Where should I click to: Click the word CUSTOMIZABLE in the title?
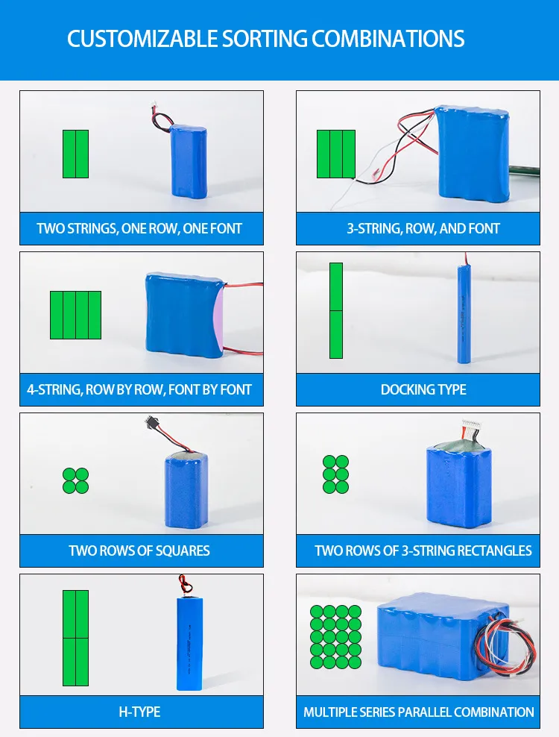pos(142,39)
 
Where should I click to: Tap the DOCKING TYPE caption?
pos(423,389)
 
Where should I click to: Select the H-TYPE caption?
pos(139,712)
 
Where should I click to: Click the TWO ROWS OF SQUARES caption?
pos(139,551)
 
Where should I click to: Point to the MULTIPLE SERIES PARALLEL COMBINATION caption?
pos(418,712)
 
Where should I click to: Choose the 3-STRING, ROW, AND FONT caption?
pos(423,228)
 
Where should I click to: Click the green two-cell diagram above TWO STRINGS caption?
pos(75,154)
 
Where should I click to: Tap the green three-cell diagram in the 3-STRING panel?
pos(335,154)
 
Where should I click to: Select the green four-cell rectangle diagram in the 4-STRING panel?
pos(75,315)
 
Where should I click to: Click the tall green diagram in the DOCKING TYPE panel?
pos(336,310)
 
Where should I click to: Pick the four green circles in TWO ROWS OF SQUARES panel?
pos(75,480)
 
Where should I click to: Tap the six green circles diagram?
pos(335,474)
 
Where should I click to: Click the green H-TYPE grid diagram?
pos(75,638)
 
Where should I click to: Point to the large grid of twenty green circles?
pos(335,636)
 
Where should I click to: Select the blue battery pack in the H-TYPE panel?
pos(188,643)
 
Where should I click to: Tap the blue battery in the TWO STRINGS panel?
pos(189,161)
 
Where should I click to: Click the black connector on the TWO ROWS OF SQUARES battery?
pos(149,423)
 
